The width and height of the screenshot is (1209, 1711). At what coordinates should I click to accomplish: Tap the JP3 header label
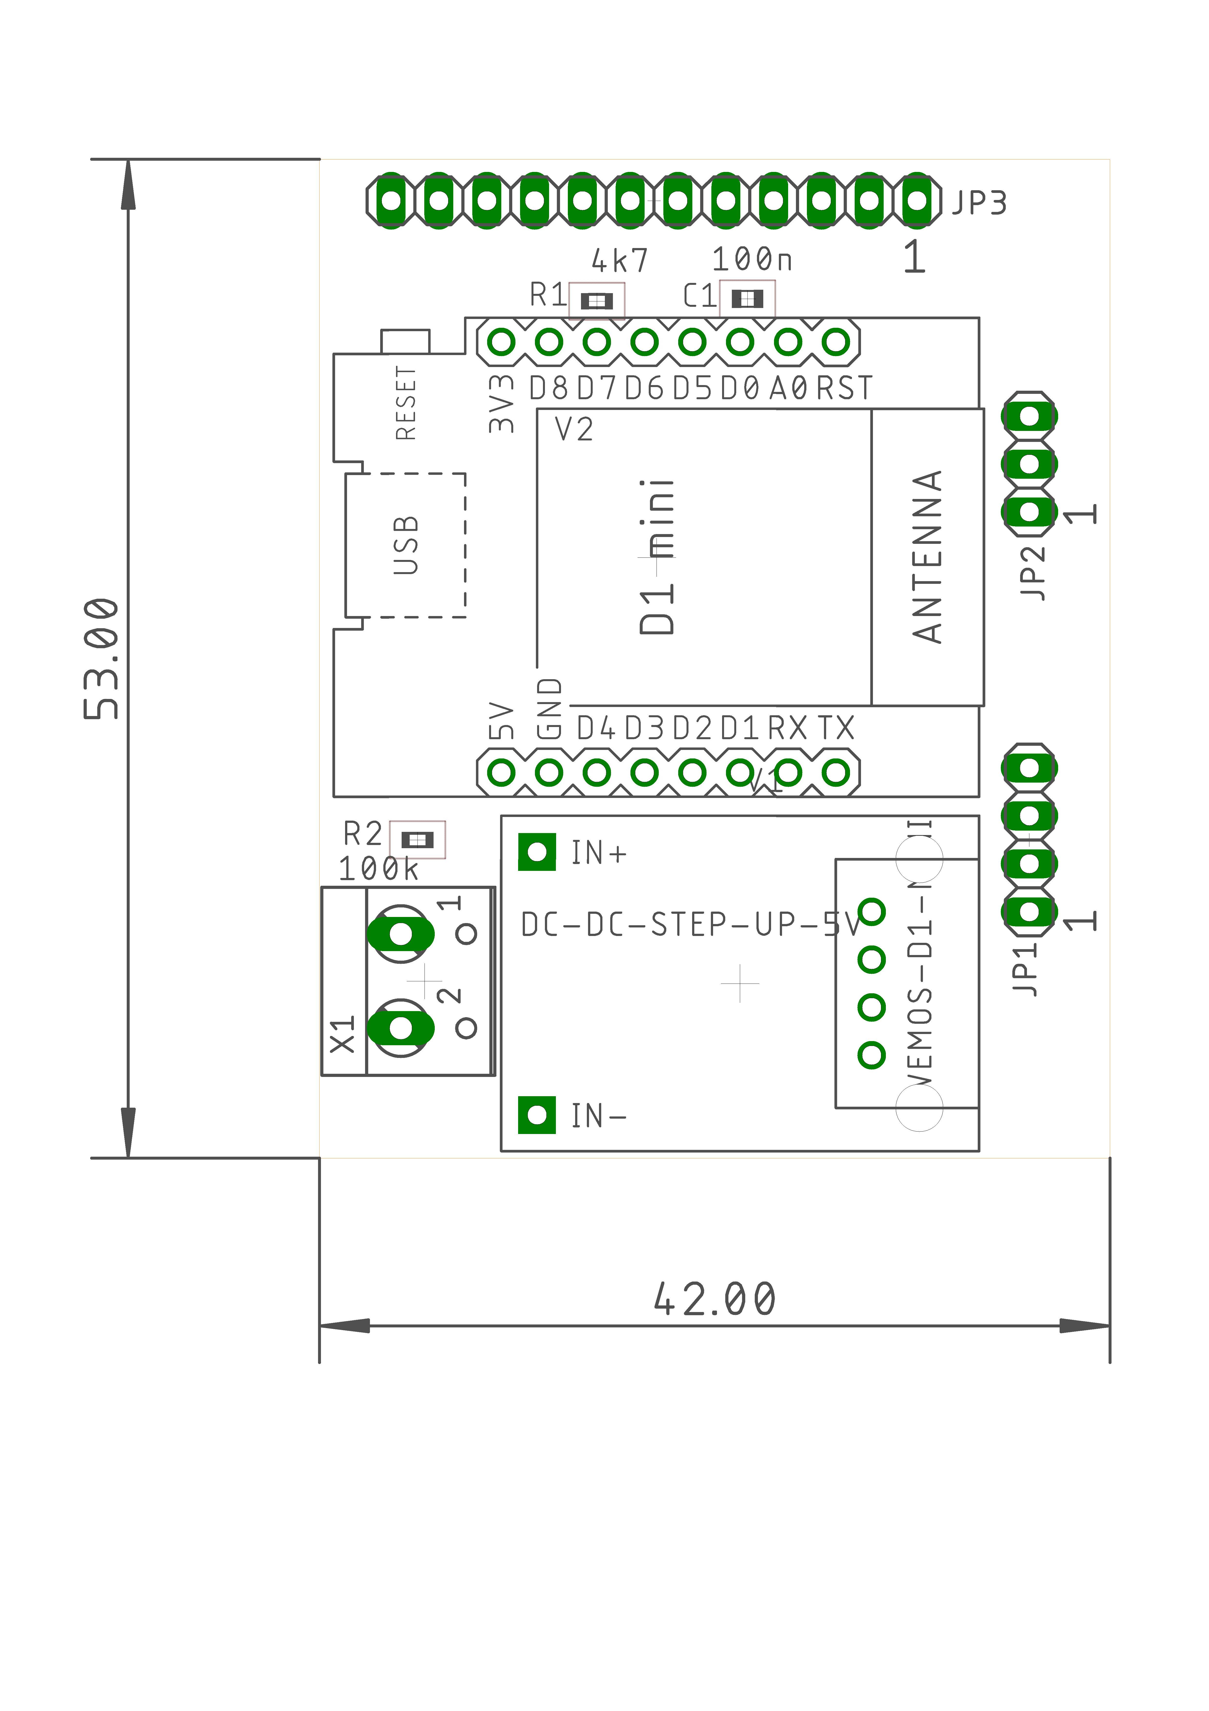tap(979, 203)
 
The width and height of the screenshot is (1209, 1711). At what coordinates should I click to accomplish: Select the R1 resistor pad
tap(597, 300)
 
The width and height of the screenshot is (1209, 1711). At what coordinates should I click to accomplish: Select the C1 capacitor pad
tap(747, 299)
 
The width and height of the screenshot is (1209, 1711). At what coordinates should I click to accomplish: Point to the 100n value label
tap(752, 259)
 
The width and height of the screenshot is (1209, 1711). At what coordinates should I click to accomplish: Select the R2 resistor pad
tap(417, 840)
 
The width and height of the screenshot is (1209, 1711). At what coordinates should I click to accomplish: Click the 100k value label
tap(378, 869)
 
